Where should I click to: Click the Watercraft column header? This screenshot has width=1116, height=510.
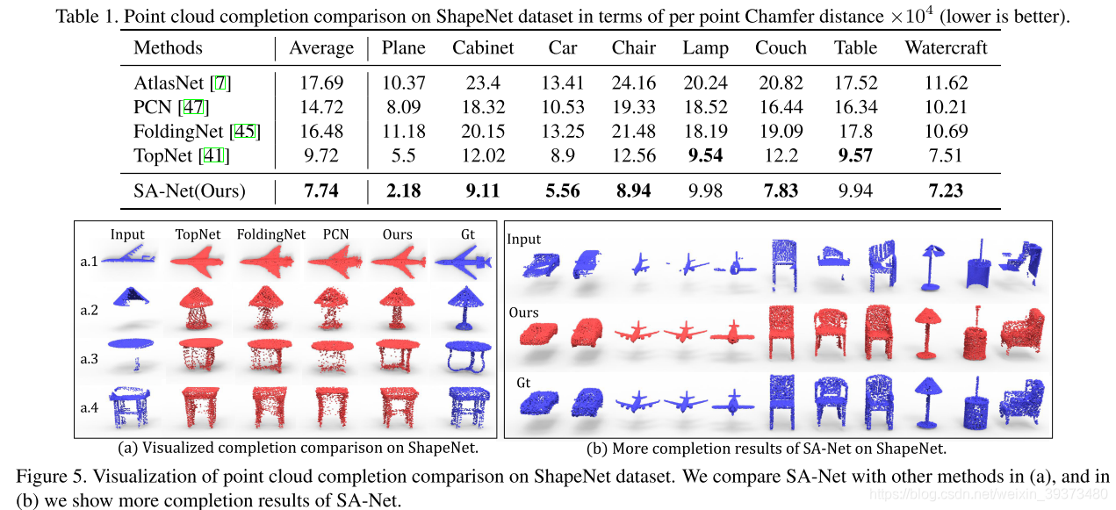pyautogui.click(x=946, y=47)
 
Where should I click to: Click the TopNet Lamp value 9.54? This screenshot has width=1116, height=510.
pyautogui.click(x=705, y=156)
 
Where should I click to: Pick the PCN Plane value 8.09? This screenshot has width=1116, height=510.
pyautogui.click(x=403, y=108)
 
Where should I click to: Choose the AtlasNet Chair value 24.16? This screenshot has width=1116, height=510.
pyautogui.click(x=633, y=83)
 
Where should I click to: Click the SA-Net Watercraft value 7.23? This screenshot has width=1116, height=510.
pyautogui.click(x=946, y=191)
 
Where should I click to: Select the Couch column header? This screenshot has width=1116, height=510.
pyautogui.click(x=781, y=47)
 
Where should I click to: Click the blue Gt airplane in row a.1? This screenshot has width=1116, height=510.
pyautogui.click(x=463, y=261)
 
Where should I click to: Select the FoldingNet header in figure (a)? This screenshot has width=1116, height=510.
pyautogui.click(x=270, y=234)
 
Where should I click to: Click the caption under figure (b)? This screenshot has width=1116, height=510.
pyautogui.click(x=766, y=449)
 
